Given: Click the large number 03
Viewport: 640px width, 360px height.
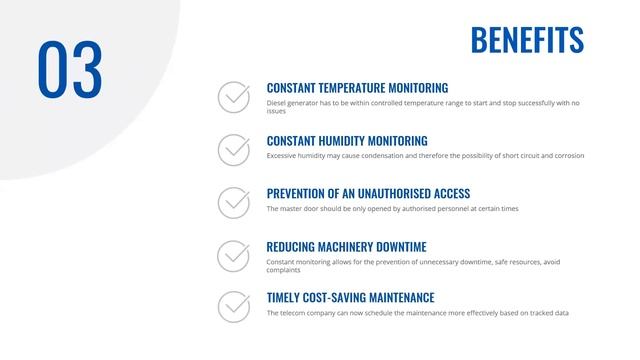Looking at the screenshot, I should click(70, 71).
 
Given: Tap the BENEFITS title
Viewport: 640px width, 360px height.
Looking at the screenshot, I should click(527, 40).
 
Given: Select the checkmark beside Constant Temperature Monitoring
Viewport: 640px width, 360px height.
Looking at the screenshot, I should click(234, 97).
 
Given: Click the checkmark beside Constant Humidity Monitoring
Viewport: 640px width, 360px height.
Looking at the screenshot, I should click(234, 150).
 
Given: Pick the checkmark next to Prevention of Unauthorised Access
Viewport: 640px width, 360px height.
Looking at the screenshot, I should click(234, 203).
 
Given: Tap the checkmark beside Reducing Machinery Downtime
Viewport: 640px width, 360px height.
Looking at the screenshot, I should click(234, 256).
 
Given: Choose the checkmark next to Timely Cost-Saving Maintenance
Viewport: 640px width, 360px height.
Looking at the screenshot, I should click(234, 307).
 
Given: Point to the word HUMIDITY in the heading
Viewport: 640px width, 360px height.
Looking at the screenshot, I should click(349, 141).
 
